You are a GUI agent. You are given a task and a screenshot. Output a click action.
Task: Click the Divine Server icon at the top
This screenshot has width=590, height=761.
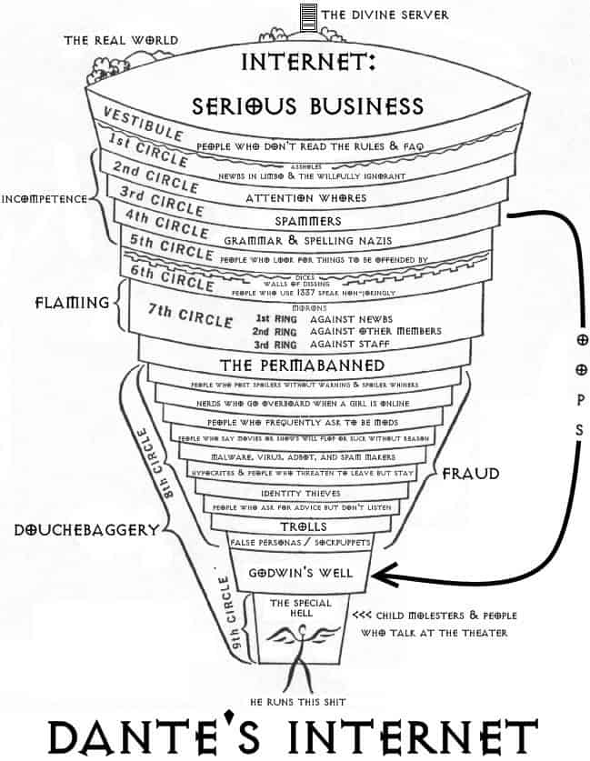308,15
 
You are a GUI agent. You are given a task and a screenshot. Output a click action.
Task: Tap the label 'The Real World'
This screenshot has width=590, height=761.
120,40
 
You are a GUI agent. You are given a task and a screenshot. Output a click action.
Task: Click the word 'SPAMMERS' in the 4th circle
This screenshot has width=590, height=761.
308,221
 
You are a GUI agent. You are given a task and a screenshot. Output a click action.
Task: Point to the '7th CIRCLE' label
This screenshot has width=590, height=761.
185,318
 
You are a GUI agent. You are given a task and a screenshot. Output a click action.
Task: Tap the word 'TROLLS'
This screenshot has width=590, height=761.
301,526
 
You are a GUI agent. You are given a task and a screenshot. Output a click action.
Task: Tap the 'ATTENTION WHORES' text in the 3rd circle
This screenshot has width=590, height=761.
306,197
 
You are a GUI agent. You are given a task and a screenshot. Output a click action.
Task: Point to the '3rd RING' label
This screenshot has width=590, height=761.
273,345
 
